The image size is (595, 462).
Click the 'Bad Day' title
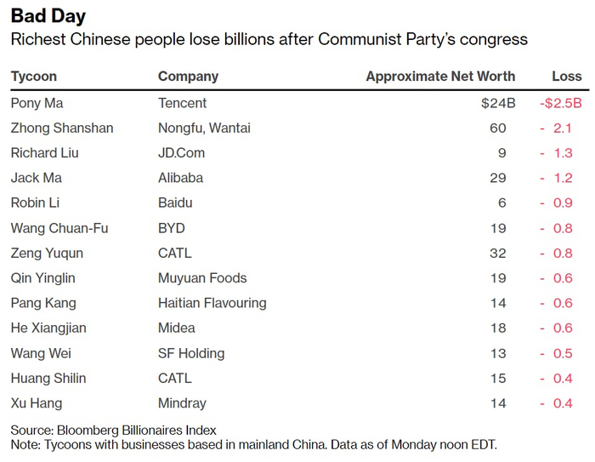tap(48, 16)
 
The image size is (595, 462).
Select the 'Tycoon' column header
tap(34, 76)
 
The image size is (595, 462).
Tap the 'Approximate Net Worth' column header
tap(440, 76)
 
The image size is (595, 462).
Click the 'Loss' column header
tap(566, 76)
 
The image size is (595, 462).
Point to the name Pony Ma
tap(37, 103)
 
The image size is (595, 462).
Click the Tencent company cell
tap(182, 103)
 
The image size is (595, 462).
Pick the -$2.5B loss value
tap(561, 103)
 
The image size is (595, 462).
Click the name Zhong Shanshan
tap(62, 128)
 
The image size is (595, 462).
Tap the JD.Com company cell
tap(181, 153)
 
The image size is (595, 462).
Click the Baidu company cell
tap(175, 202)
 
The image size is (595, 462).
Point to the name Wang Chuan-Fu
tap(59, 228)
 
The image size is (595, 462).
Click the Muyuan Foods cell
tap(202, 277)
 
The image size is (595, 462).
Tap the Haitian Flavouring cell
tap(212, 303)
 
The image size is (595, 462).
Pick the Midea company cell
tap(176, 328)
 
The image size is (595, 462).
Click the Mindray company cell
tap(182, 402)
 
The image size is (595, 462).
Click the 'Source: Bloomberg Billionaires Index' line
tap(113, 430)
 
